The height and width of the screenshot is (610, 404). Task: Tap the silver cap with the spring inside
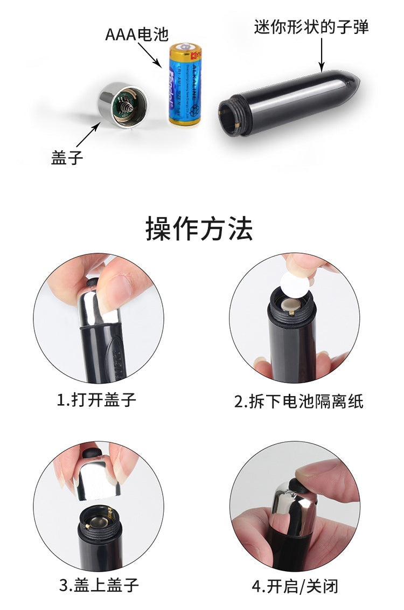point(122,105)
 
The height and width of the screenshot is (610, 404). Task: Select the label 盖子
point(67,157)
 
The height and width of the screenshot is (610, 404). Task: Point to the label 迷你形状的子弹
point(311,27)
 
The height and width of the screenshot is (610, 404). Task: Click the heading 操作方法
point(199,228)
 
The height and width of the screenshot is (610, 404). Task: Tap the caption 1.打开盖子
point(97,399)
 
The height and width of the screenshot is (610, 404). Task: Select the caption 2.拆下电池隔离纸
point(299,401)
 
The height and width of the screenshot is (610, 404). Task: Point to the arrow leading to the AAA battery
point(150,54)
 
